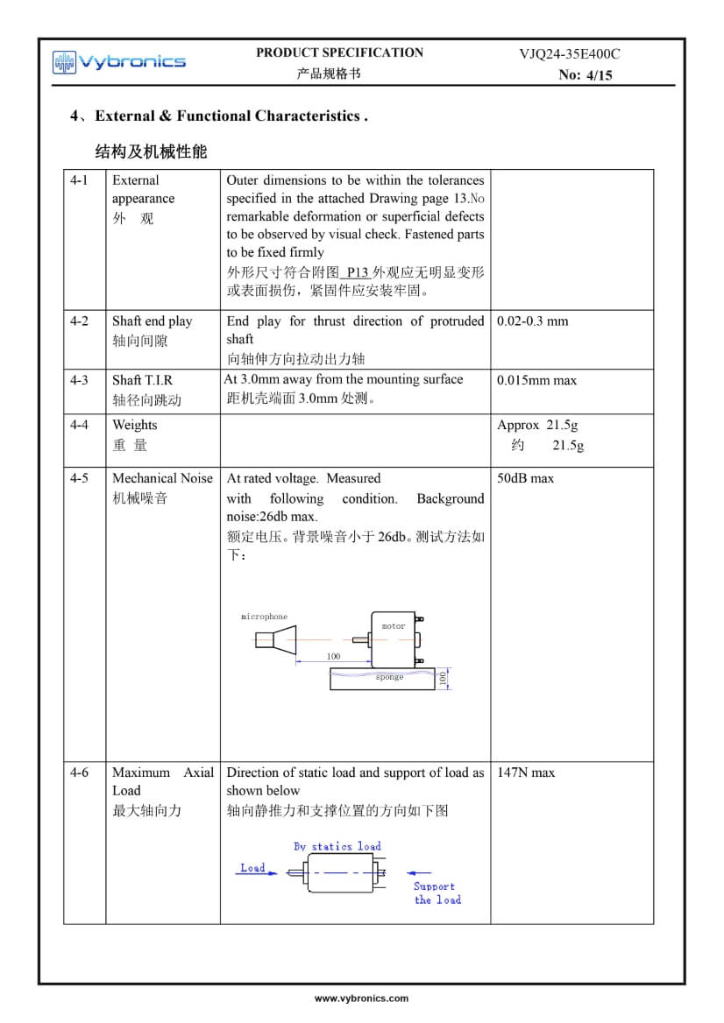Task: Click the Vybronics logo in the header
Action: pos(118,61)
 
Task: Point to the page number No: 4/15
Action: pos(586,75)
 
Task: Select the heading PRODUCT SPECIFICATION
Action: pos(339,53)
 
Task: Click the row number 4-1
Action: pos(80,180)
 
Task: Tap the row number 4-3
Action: pos(80,380)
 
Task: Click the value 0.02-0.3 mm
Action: pos(532,321)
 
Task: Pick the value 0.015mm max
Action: pos(536,380)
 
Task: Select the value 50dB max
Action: pos(525,478)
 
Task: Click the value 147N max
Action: pos(526,773)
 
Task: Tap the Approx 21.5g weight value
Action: pos(537,425)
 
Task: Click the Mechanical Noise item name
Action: pos(162,478)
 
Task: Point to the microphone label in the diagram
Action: pos(264,617)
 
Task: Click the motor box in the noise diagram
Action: pos(394,636)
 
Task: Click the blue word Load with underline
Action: pos(252,868)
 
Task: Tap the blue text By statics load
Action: pos(337,846)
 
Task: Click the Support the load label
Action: pos(436,892)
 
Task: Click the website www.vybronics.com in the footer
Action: pos(361,998)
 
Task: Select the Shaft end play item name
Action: pos(152,321)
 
